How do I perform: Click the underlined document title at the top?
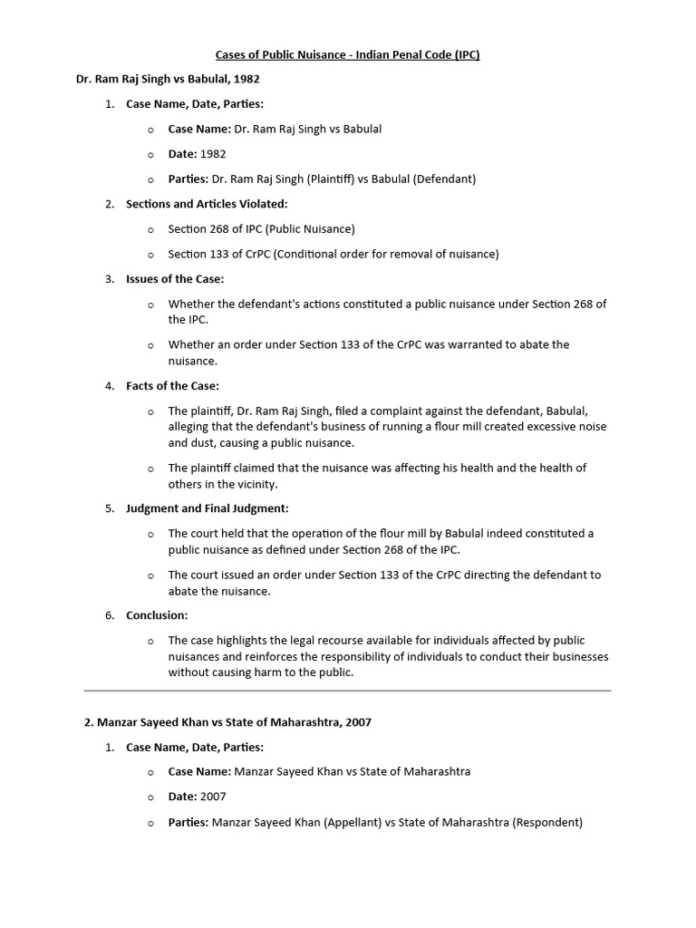click(x=348, y=54)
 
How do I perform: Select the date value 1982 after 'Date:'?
click(x=213, y=154)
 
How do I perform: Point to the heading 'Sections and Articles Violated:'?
click(x=207, y=204)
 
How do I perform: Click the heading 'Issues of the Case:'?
click(x=175, y=278)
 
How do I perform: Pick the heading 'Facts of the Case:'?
click(x=172, y=386)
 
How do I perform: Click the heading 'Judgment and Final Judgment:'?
click(x=208, y=508)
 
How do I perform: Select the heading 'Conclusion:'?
click(x=157, y=615)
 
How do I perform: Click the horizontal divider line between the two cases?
click(x=348, y=691)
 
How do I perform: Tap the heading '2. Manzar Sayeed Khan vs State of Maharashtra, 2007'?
click(x=227, y=722)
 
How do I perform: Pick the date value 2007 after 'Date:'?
click(x=213, y=797)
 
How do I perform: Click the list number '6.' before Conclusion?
click(x=110, y=615)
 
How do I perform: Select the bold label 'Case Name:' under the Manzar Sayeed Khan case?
click(x=199, y=772)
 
